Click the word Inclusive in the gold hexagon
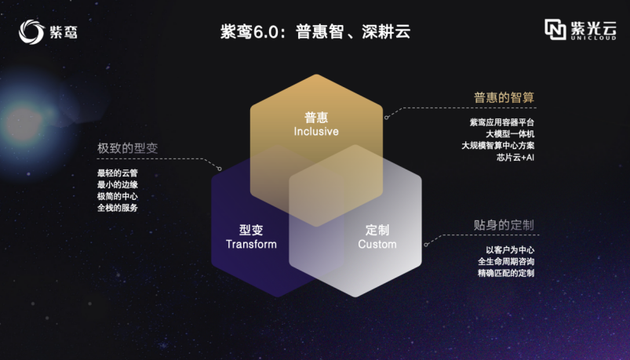tap(316, 132)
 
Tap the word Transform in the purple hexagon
tap(251, 244)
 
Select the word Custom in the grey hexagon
tap(377, 244)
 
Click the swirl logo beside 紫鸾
tap(31, 31)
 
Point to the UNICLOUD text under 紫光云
tap(593, 38)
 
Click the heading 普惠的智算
tap(504, 97)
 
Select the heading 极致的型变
tap(127, 148)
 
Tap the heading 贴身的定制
tap(504, 225)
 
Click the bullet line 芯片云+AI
tap(515, 158)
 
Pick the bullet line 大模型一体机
tap(510, 134)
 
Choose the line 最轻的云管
tap(118, 173)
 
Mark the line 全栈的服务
tap(118, 208)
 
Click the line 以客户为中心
tap(510, 250)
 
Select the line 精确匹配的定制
tap(506, 273)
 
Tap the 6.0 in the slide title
tap(266, 32)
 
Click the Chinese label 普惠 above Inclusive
tap(316, 118)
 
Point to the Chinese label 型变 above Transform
tap(251, 231)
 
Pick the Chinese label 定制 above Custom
tap(377, 231)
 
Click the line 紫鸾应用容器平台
tap(502, 122)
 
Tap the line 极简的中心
tap(118, 197)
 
